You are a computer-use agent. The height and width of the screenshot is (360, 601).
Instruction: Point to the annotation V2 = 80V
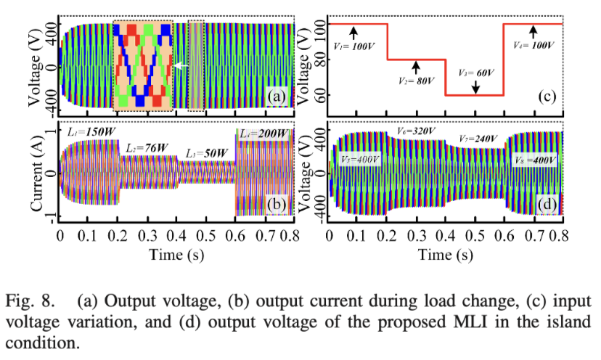(x=415, y=81)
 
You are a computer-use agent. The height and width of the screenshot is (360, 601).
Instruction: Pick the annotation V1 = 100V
(x=354, y=45)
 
